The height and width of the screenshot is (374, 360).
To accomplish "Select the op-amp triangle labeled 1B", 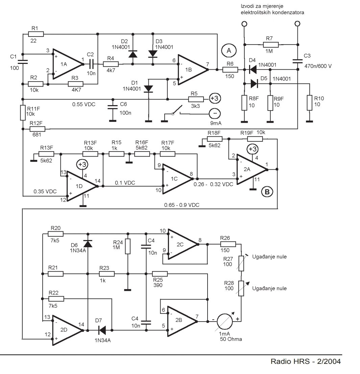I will click(191, 69).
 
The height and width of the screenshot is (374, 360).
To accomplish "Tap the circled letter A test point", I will click(229, 51).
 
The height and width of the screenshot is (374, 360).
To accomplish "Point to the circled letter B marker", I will click(267, 192).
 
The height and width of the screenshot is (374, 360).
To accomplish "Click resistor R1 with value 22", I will click(36, 34).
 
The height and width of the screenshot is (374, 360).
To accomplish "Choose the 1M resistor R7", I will click(271, 44).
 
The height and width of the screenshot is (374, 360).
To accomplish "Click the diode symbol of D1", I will click(148, 89).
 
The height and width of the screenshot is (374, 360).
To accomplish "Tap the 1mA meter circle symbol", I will click(224, 321).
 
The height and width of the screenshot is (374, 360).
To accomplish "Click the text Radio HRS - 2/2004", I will click(306, 361).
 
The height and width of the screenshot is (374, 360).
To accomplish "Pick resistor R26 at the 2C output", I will click(228, 244).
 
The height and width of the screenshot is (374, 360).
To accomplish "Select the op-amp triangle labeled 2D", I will click(66, 330).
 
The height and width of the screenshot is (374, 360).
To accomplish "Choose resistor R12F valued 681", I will click(38, 129).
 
